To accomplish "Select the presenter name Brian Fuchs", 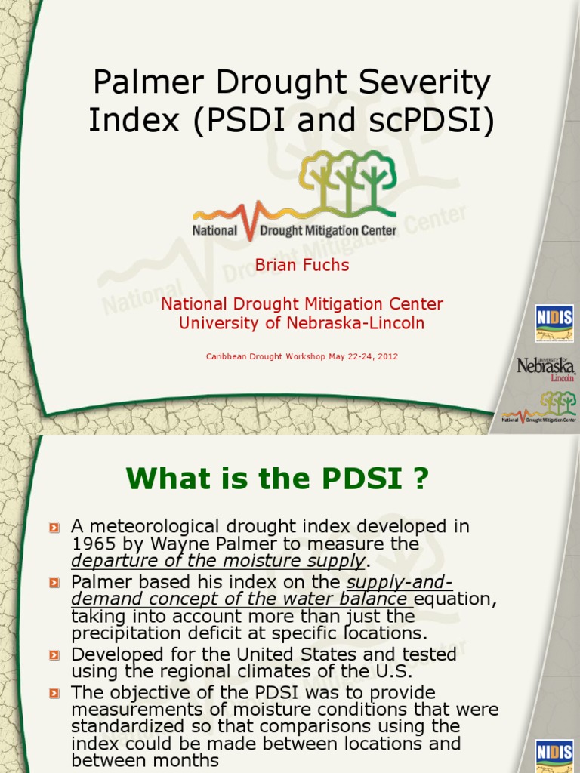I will tap(302, 265).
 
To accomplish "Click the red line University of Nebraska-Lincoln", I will tap(302, 323).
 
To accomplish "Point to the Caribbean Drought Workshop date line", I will tap(302, 356).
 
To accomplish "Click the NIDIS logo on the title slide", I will tap(554, 318).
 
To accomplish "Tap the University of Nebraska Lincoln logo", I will tap(545, 368).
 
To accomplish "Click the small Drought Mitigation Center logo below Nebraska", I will tap(539, 408).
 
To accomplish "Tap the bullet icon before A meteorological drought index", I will tap(54, 527).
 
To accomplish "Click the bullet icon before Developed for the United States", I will tap(54, 654).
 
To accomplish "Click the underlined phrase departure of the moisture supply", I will tap(218, 561).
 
